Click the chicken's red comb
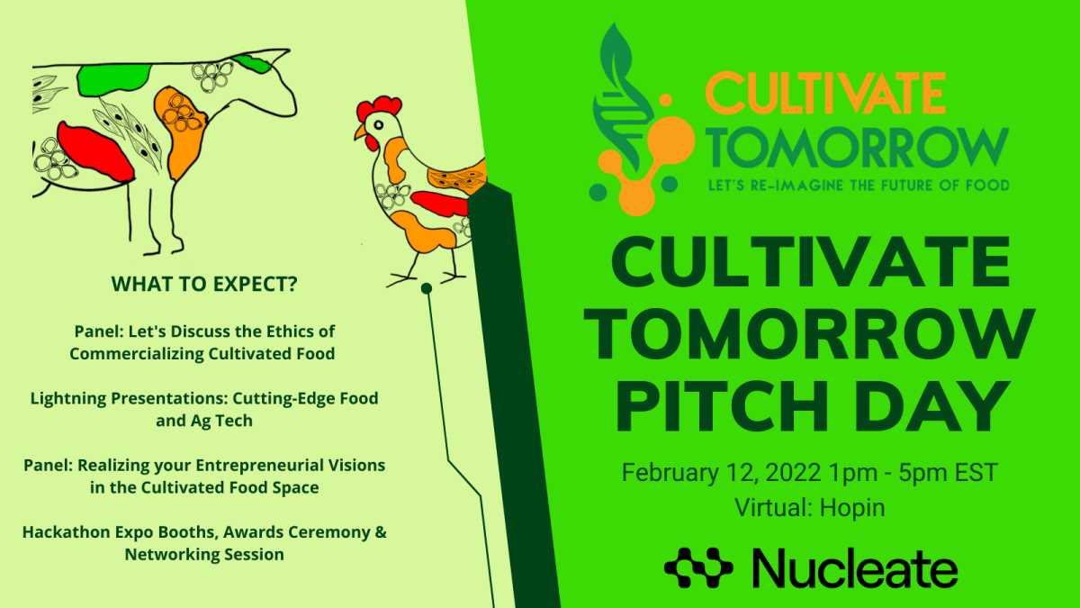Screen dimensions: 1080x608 (379, 107)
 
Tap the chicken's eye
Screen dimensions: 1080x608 (379, 125)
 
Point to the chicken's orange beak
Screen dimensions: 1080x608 (360, 132)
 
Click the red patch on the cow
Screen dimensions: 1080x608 (95, 152)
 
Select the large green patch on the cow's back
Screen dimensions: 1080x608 (113, 79)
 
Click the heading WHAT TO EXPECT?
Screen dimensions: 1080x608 (204, 284)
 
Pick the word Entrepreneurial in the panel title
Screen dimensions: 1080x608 (259, 466)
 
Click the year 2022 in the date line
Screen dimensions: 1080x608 (793, 472)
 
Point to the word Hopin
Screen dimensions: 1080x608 (852, 509)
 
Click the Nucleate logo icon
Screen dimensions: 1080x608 (698, 568)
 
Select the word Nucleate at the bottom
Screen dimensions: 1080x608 (855, 568)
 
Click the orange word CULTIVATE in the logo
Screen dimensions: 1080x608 (824, 93)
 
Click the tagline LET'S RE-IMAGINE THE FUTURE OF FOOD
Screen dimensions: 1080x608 (859, 185)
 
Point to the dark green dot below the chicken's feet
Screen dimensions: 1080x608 (427, 288)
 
